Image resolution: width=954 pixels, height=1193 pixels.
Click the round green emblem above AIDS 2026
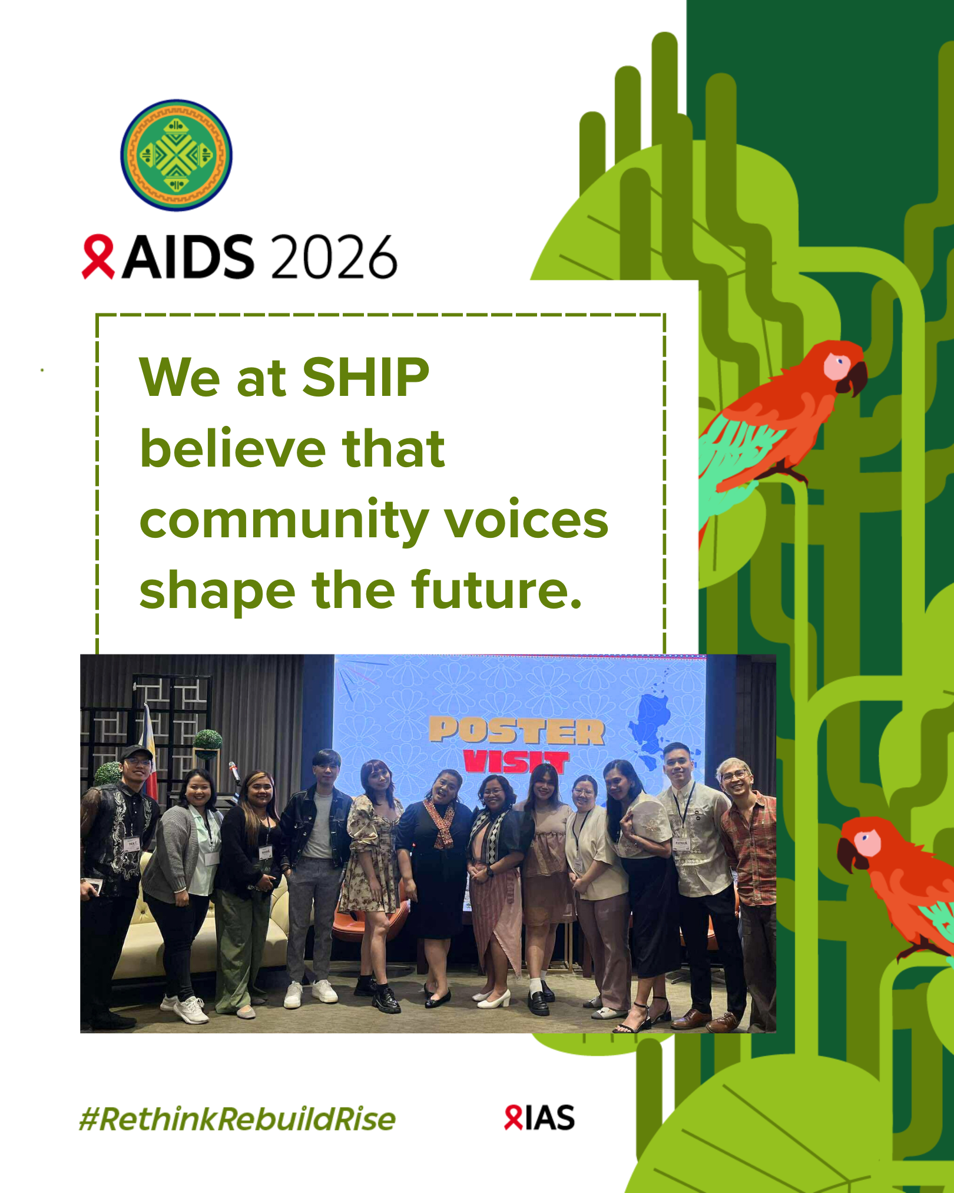click(x=176, y=155)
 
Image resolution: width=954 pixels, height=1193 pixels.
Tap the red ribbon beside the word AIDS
click(x=98, y=257)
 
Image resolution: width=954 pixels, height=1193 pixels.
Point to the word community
click(x=284, y=522)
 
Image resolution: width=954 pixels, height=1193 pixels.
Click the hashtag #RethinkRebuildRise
click(x=237, y=1119)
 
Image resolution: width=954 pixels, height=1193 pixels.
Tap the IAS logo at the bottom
click(x=539, y=1118)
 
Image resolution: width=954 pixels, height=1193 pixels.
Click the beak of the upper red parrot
click(x=856, y=378)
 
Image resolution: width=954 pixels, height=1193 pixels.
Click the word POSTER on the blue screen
click(x=516, y=731)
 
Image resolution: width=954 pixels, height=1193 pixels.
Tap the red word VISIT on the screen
click(x=516, y=761)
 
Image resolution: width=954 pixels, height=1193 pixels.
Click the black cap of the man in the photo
click(x=136, y=752)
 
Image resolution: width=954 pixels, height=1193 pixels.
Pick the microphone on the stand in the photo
click(x=234, y=772)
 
